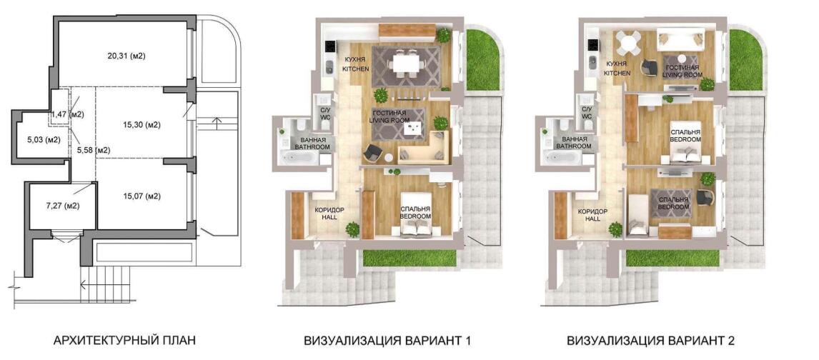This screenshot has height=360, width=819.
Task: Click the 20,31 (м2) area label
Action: tap(126, 56)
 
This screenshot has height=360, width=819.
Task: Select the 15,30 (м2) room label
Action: tap(141, 125)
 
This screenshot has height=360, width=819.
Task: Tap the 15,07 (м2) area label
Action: tap(141, 196)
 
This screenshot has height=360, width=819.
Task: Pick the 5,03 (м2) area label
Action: tap(44, 140)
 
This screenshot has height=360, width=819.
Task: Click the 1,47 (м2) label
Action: tap(67, 114)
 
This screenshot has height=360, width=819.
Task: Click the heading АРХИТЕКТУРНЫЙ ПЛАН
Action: tap(125, 341)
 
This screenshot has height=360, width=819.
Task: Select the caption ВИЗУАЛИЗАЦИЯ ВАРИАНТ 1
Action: tap(387, 341)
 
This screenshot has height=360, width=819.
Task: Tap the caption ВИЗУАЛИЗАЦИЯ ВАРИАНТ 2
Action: tap(651, 341)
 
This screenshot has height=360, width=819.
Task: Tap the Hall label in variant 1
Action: tap(325, 214)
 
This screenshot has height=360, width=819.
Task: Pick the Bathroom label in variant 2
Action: tap(572, 144)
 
